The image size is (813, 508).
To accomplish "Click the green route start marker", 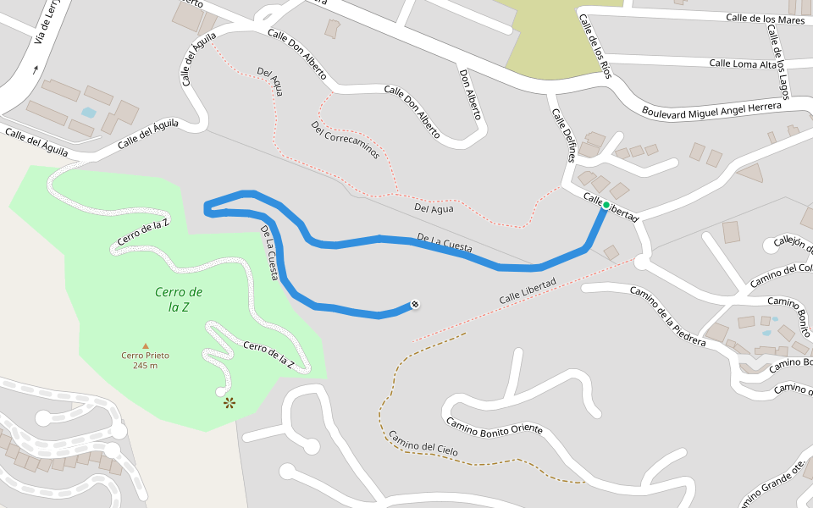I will (606, 205).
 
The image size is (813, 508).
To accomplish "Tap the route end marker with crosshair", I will (415, 305).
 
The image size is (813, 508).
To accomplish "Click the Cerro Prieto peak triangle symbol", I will (146, 345).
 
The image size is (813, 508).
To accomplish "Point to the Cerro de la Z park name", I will (179, 299).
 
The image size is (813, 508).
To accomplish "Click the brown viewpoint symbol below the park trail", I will (230, 403).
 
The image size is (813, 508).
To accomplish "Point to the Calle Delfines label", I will (564, 135).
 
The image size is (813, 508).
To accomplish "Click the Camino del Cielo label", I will (423, 444).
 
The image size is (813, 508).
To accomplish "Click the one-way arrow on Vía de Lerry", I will (36, 69).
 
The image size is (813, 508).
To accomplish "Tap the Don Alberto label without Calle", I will (470, 91).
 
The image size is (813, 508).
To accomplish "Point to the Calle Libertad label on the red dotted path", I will (527, 291).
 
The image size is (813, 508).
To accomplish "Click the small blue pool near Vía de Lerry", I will (88, 112).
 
